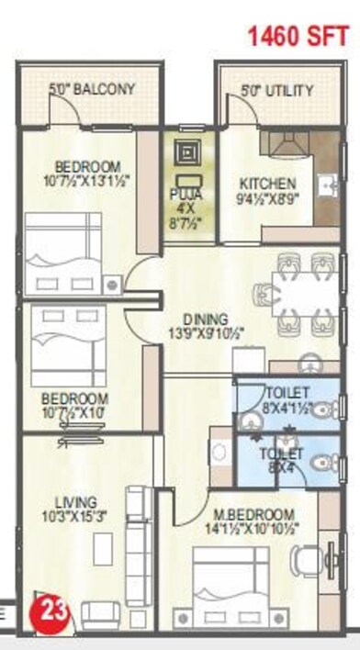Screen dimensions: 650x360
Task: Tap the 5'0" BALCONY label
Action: click(92, 90)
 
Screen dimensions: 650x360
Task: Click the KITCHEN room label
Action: click(267, 183)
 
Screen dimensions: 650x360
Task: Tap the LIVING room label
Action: click(75, 501)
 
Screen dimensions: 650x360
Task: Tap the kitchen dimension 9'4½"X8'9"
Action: click(267, 197)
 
